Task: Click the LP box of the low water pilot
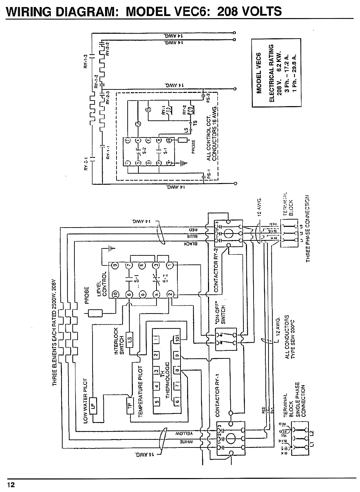pos(93,405)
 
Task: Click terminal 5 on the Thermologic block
pos(157,402)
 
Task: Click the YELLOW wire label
pos(185,433)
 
